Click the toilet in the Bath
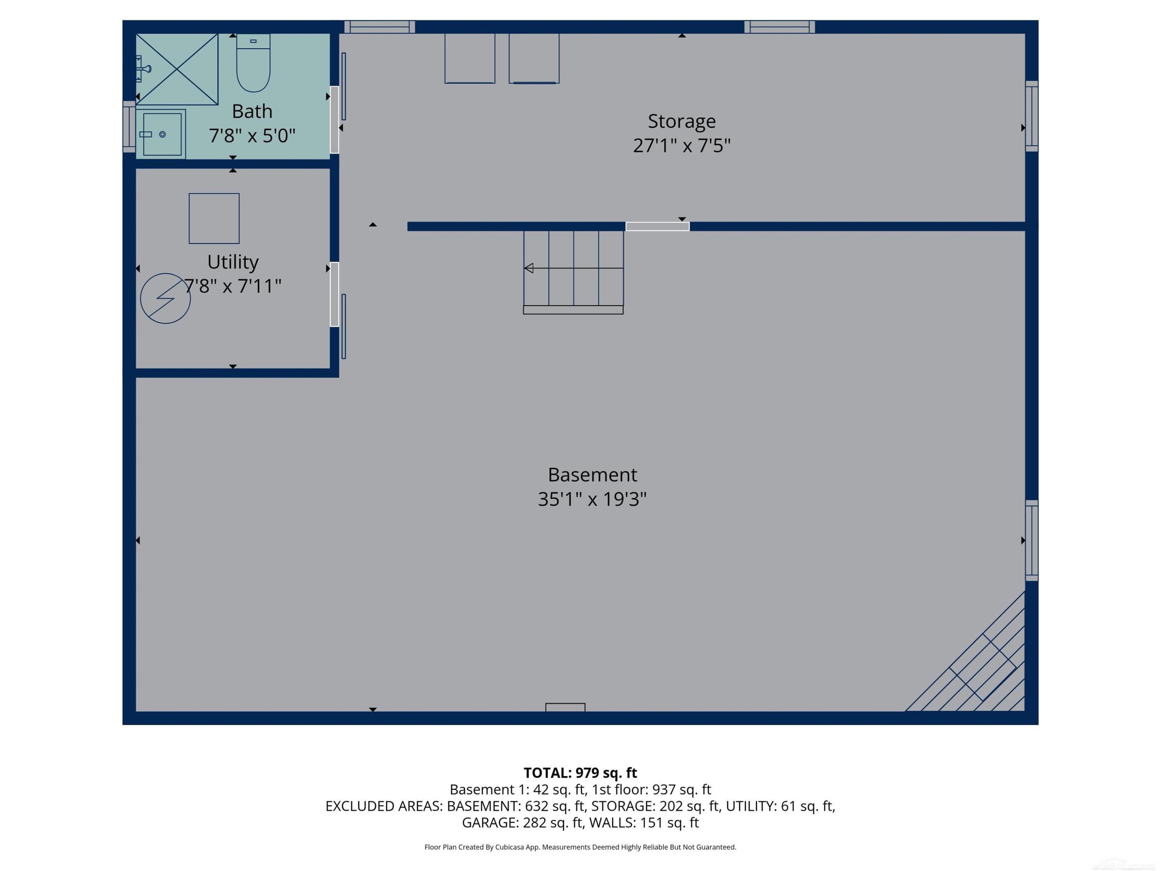click(x=253, y=63)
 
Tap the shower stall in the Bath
click(x=177, y=69)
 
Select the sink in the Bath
click(x=161, y=134)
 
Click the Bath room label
click(x=252, y=111)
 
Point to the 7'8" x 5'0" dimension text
click(x=252, y=136)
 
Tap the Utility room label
click(x=233, y=262)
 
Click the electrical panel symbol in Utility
click(x=165, y=298)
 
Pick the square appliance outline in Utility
click(x=214, y=218)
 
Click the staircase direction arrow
click(x=574, y=268)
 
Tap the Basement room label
click(x=592, y=475)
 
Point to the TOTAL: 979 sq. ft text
click(x=580, y=773)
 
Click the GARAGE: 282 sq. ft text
click(x=522, y=823)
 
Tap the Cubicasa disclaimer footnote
click(x=580, y=847)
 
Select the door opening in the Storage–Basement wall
click(x=657, y=226)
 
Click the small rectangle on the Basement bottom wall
click(x=565, y=707)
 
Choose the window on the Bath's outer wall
click(x=129, y=127)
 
